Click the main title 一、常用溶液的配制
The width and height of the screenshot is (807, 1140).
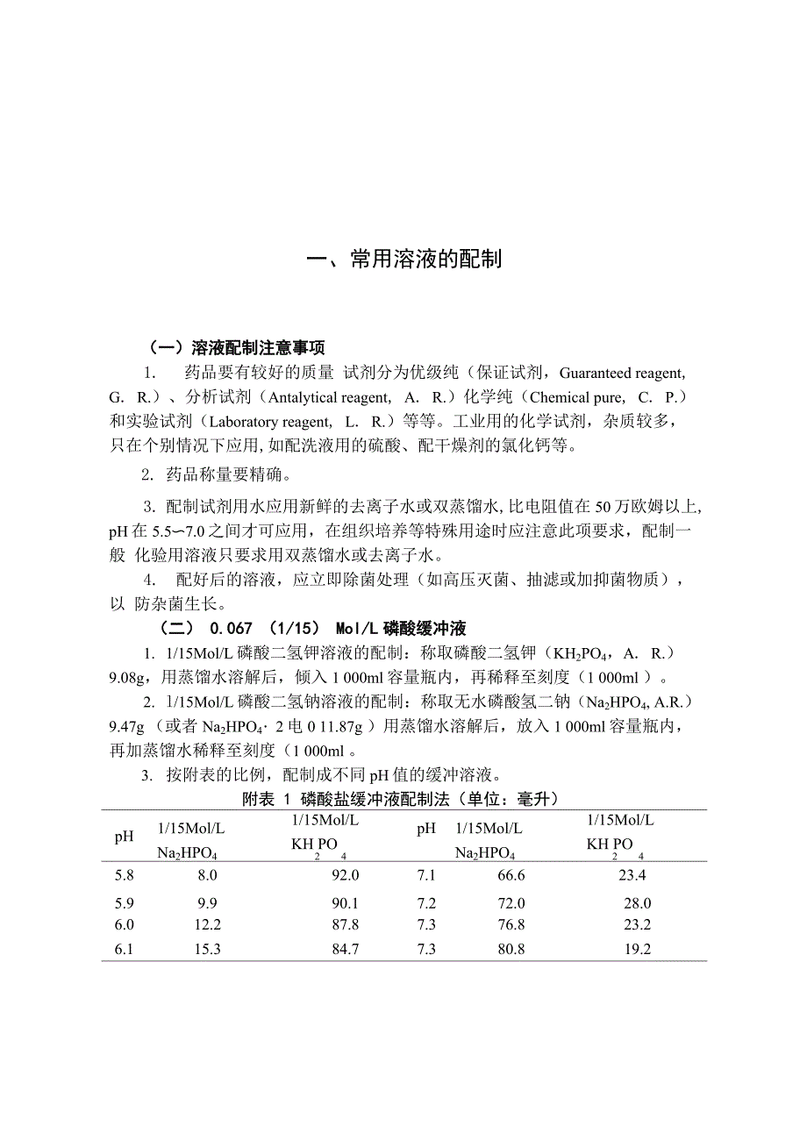pyautogui.click(x=403, y=260)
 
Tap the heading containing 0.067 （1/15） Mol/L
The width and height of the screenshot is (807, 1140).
pyautogui.click(x=312, y=629)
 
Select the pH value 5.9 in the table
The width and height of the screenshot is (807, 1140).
pyautogui.click(x=125, y=903)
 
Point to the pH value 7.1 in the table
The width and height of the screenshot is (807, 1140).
pyautogui.click(x=427, y=875)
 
